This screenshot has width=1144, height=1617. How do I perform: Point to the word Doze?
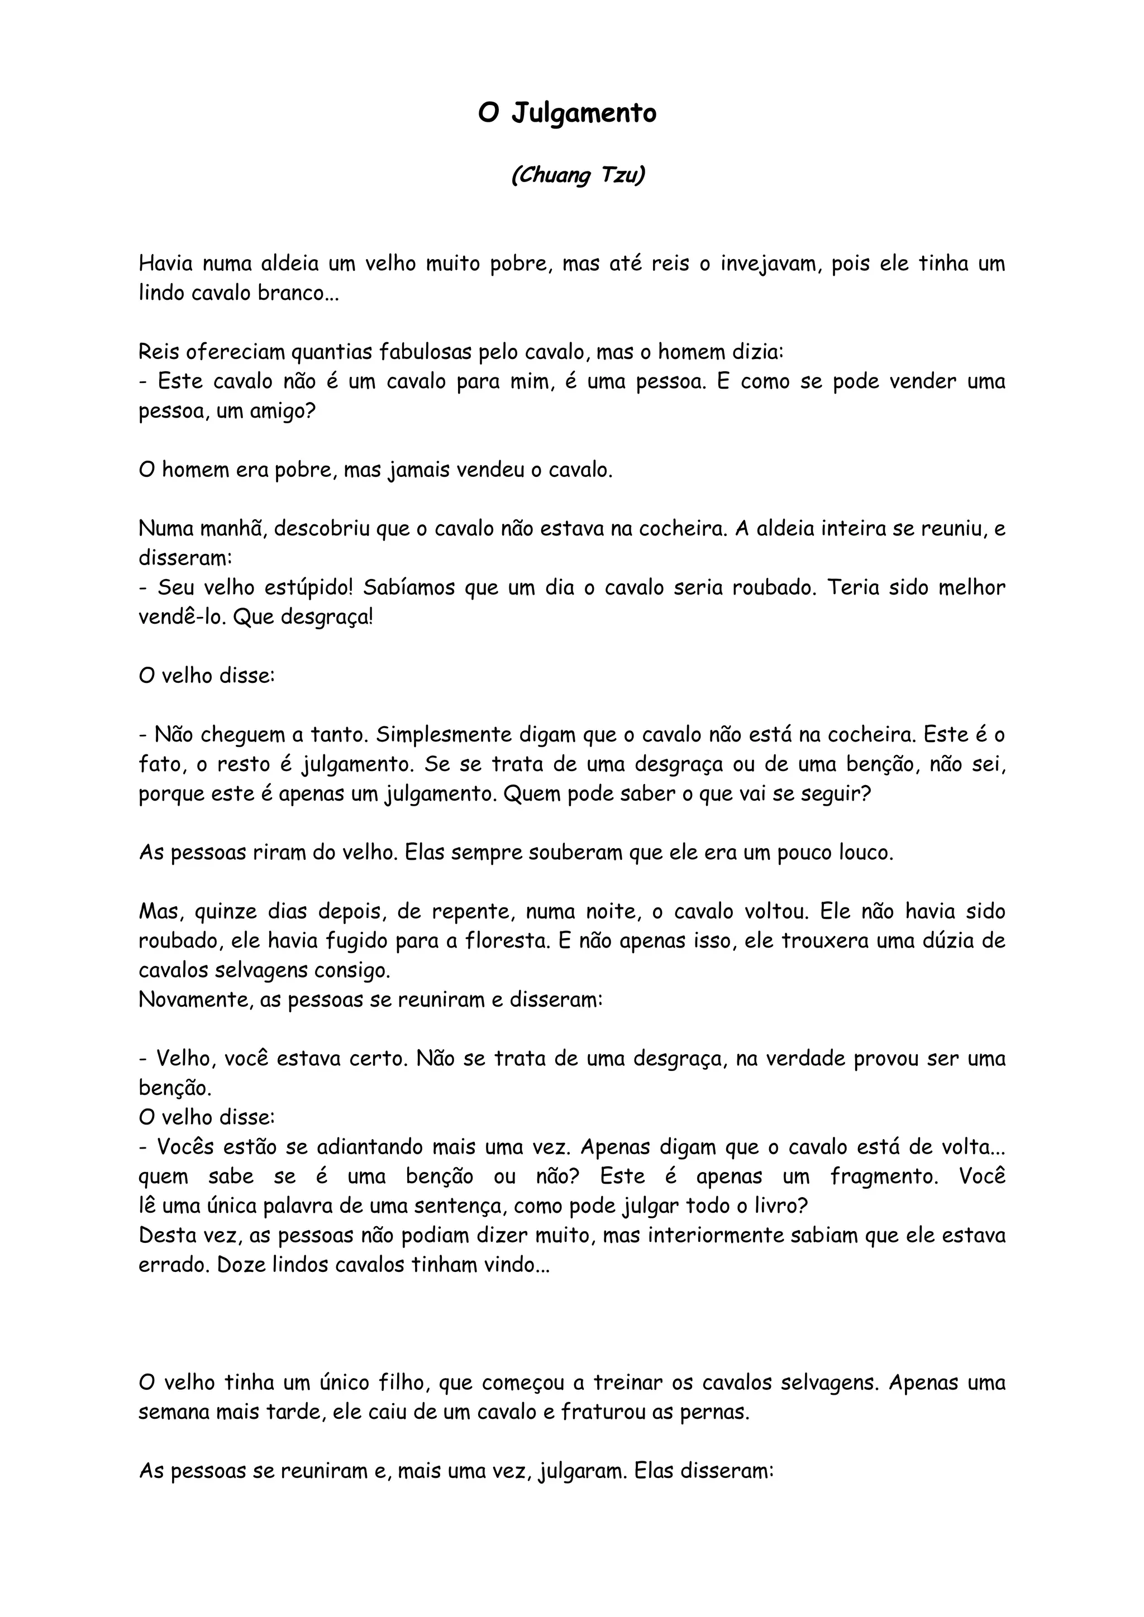tap(241, 1265)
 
